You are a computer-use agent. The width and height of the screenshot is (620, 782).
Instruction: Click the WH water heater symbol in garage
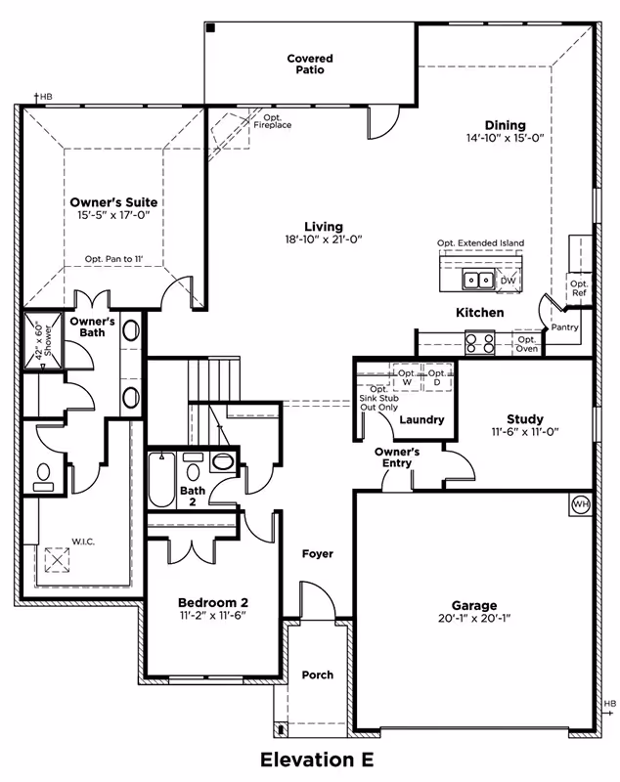click(581, 504)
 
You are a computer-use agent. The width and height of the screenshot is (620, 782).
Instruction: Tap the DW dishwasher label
click(508, 282)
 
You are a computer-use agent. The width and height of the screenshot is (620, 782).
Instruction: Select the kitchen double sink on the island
click(478, 281)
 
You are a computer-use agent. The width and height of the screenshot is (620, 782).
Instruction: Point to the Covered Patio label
click(310, 65)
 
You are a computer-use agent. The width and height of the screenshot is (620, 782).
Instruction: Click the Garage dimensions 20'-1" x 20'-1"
click(474, 619)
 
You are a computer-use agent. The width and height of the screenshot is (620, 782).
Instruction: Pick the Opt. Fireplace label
click(272, 121)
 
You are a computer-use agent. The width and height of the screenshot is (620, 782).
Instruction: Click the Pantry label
click(564, 327)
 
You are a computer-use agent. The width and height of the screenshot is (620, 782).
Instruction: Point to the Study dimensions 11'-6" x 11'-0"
click(524, 432)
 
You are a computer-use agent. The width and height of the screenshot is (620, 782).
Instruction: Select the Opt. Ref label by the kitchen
click(579, 287)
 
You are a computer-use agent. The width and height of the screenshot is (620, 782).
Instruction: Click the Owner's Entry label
click(397, 457)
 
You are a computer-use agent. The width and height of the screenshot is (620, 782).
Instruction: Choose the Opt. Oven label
click(526, 344)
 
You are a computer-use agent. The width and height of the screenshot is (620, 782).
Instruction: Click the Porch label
click(317, 674)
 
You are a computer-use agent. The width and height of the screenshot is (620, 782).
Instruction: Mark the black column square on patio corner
click(210, 29)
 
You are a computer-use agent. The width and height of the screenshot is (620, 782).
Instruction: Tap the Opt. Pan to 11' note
click(114, 259)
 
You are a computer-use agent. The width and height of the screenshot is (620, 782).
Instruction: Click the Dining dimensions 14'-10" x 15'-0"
click(504, 139)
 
